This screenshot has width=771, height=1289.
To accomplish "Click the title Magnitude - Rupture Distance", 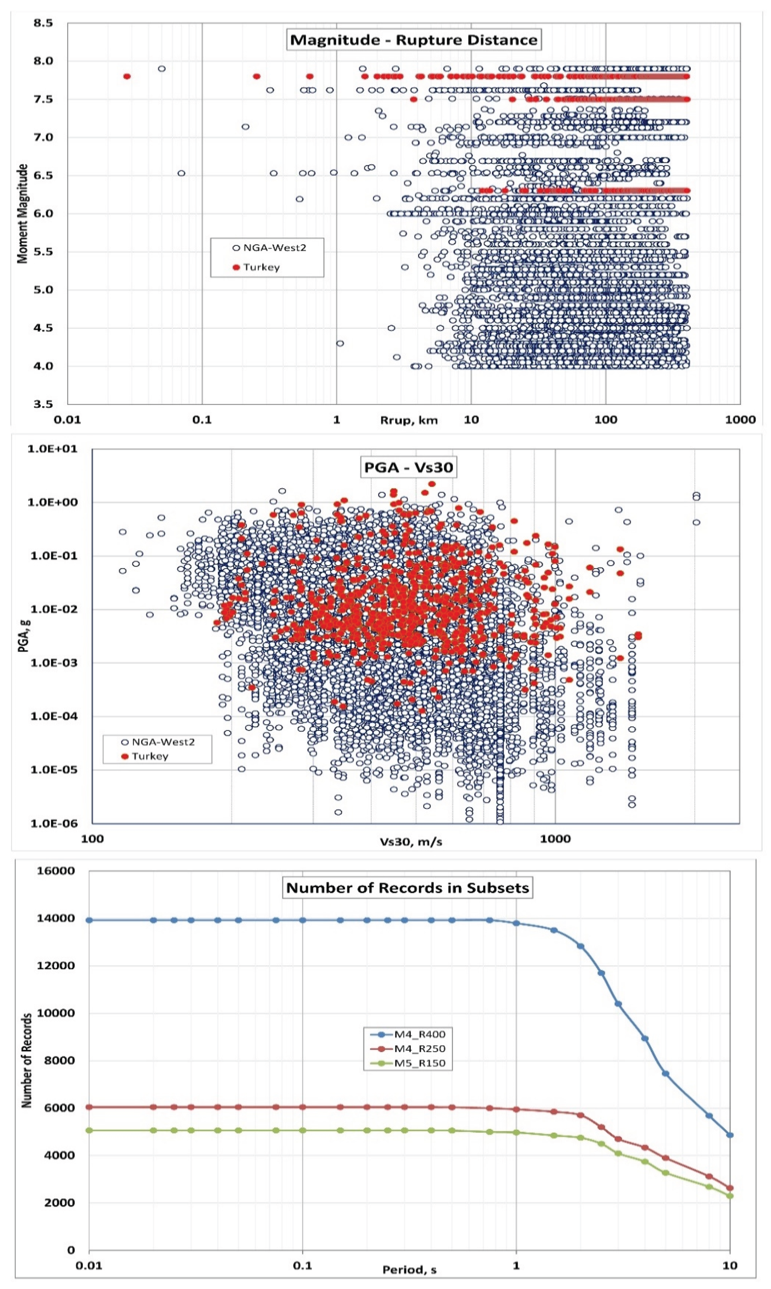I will pyautogui.click(x=413, y=40).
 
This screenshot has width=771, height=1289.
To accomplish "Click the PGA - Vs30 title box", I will pyautogui.click(x=408, y=467).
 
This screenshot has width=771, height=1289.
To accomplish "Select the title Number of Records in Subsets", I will pyautogui.click(x=408, y=888).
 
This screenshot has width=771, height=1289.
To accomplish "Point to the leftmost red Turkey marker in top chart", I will pyautogui.click(x=127, y=76).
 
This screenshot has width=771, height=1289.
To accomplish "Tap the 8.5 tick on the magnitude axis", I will pyautogui.click(x=44, y=23).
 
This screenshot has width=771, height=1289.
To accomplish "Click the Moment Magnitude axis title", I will pyautogui.click(x=22, y=214).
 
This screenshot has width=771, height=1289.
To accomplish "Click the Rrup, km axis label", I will pyautogui.click(x=409, y=420).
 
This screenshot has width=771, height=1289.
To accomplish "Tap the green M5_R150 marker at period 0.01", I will pyautogui.click(x=89, y=1130).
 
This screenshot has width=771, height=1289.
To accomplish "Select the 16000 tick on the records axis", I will pyautogui.click(x=55, y=870).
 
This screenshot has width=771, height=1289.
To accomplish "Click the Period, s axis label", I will pyautogui.click(x=410, y=1270).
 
